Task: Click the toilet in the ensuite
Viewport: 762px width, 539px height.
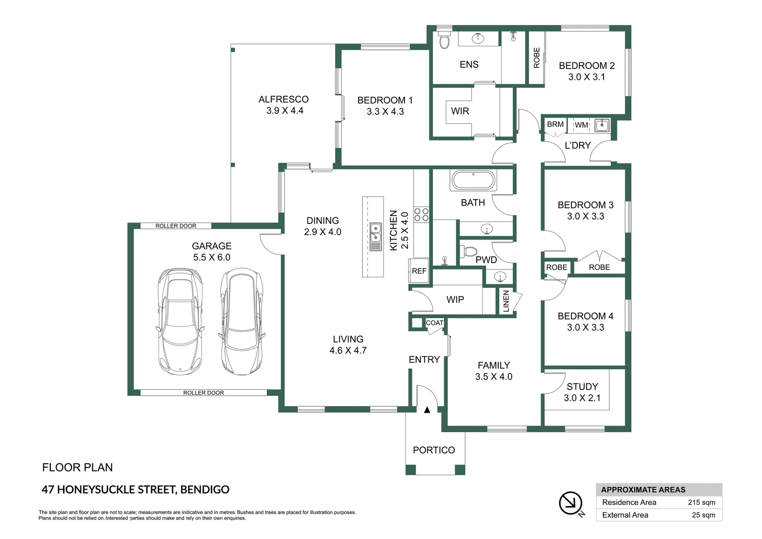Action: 444,39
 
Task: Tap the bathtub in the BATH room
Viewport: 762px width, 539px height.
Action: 473,180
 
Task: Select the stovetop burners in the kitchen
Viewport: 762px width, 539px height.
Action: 421,215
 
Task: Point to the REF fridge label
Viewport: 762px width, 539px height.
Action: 419,271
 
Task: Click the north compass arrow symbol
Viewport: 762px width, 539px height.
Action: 571,503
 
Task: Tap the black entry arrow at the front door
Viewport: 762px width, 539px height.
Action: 427,410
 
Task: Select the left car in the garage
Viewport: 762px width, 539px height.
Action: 181,321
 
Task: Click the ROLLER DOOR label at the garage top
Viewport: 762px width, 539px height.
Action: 176,226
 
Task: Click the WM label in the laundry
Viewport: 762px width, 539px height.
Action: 581,125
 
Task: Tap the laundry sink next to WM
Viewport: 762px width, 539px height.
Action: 602,125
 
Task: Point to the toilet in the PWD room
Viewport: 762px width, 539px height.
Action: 468,251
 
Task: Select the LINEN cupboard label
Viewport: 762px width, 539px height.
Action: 506,301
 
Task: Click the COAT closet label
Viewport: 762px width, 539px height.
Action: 434,323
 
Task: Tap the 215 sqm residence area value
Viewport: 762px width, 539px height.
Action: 702,503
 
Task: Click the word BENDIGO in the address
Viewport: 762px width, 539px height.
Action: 205,490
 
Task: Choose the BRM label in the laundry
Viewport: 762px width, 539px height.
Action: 555,125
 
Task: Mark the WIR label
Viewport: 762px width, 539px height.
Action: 460,111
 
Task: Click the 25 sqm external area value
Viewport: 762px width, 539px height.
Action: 704,515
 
